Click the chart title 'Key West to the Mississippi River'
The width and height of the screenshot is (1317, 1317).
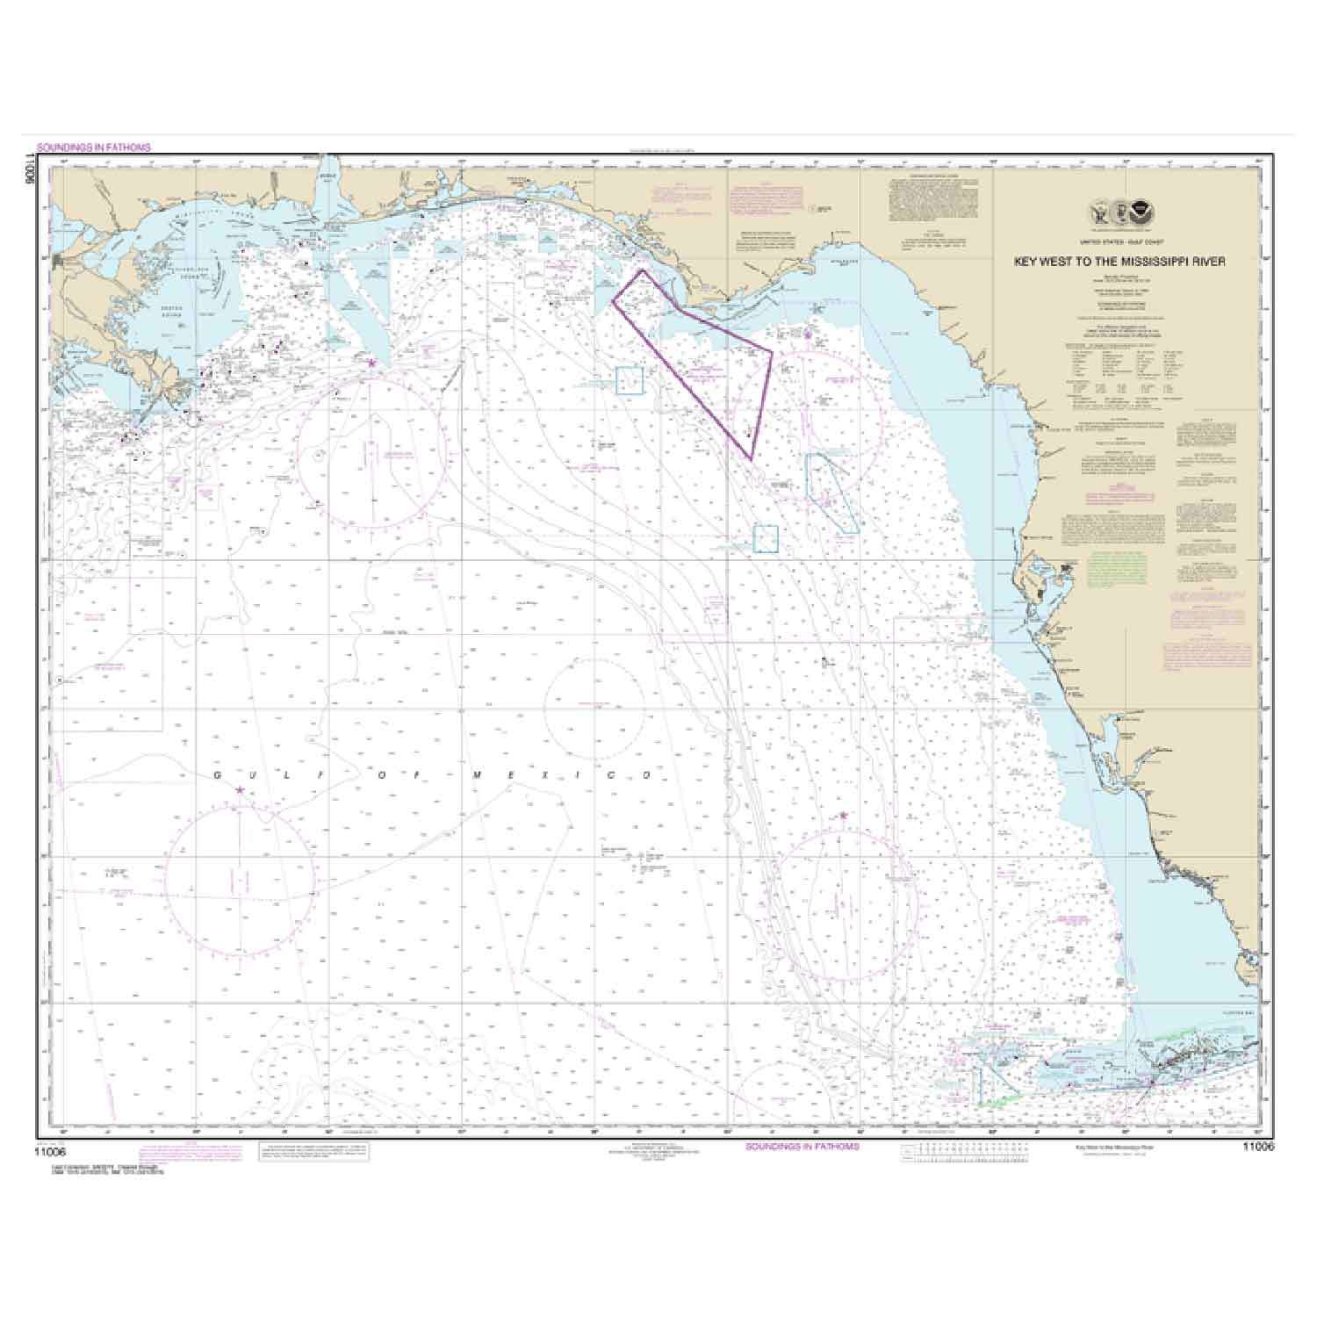pyautogui.click(x=1132, y=261)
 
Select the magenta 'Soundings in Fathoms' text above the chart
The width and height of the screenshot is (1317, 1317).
pyautogui.click(x=94, y=148)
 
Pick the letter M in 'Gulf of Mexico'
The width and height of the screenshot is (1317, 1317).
pyautogui.click(x=477, y=776)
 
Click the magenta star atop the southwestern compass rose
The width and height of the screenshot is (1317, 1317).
pyautogui.click(x=240, y=790)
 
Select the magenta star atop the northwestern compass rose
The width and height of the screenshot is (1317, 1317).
pyautogui.click(x=371, y=362)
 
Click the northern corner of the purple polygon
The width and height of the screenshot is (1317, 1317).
pyautogui.click(x=642, y=270)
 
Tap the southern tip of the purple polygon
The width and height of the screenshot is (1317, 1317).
pyautogui.click(x=752, y=457)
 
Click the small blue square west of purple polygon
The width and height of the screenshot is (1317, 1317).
pyautogui.click(x=630, y=381)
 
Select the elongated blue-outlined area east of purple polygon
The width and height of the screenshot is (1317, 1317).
pyautogui.click(x=831, y=488)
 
